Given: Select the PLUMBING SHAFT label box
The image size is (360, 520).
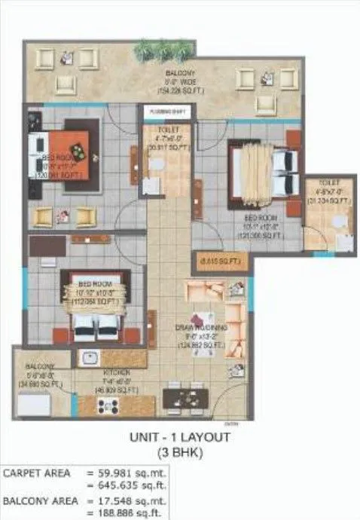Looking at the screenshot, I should [x=165, y=112].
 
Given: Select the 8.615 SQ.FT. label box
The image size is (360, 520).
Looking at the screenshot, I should [x=221, y=260].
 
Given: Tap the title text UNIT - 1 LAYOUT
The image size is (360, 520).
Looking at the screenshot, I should [x=181, y=436].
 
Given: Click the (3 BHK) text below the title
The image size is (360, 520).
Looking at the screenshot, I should [x=181, y=452].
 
